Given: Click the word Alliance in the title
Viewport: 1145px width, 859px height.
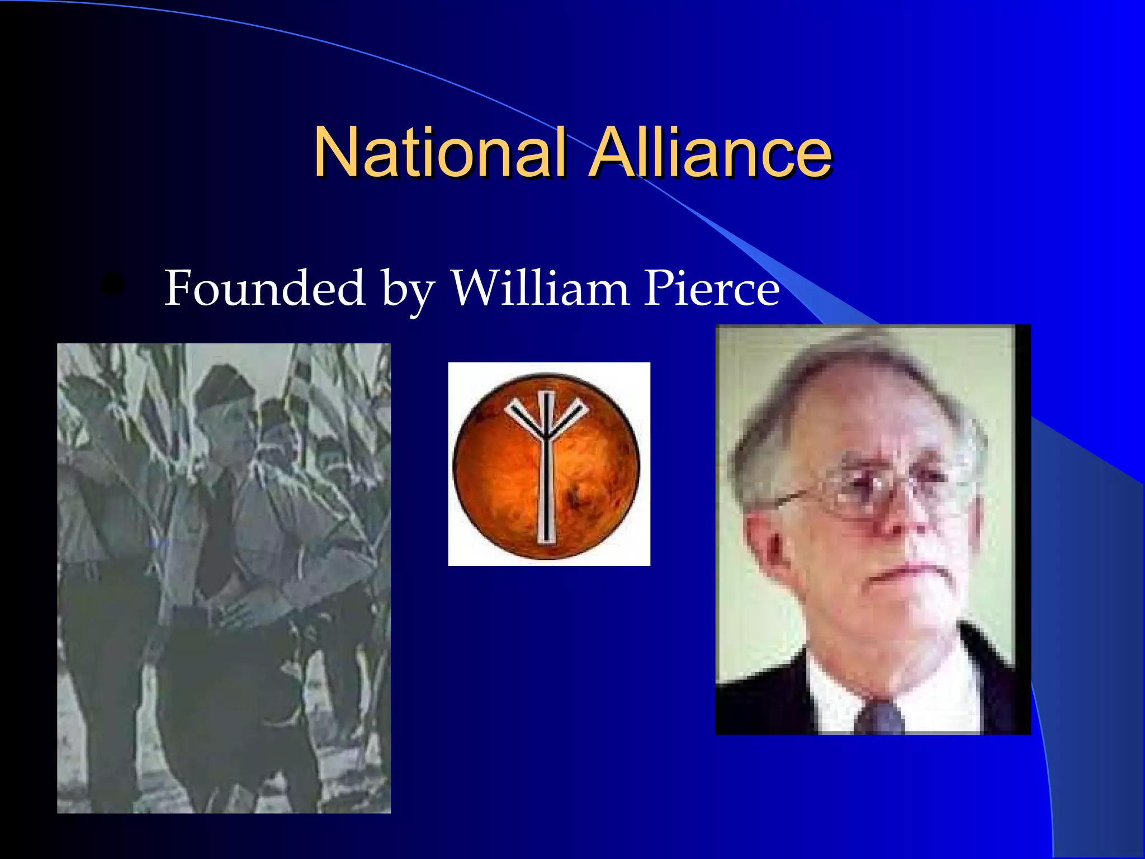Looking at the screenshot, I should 711,152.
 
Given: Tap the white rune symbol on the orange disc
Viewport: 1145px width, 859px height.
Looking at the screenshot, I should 547,464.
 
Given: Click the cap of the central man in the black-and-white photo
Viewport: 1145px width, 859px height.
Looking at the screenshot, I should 221,386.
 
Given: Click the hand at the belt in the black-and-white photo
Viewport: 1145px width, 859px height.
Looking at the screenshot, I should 235,615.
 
